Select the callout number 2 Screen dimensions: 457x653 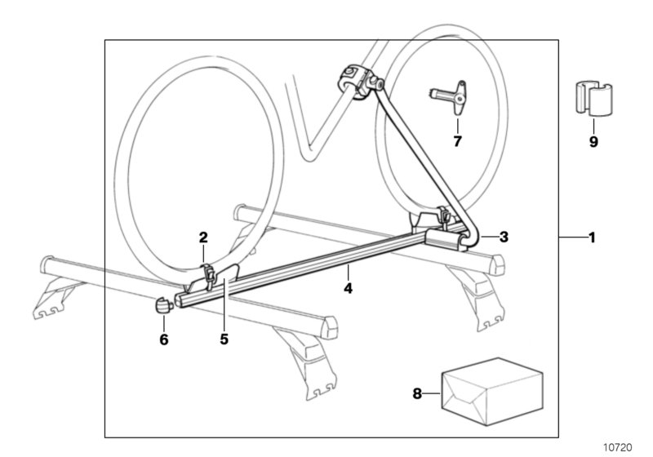203,237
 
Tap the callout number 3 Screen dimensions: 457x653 504,237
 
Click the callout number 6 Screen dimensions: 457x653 163,339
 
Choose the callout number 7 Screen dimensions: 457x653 457,141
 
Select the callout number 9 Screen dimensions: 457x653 593,141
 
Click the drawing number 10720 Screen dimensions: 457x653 618,447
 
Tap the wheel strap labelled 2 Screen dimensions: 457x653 210,273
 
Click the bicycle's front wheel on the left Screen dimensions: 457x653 131,163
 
